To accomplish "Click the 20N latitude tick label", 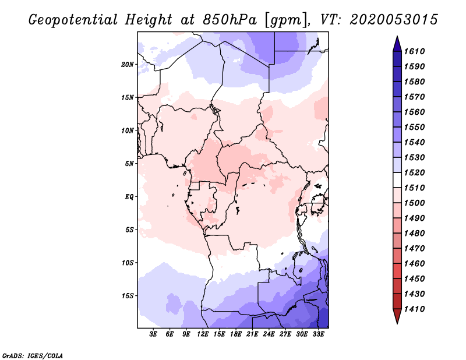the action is (128, 64).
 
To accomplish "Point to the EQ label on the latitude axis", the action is (129, 196).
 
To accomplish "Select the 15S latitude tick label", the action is (128, 295).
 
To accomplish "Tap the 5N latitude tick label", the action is (129, 164).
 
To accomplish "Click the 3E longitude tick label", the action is (153, 334).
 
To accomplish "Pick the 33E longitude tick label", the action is (318, 334).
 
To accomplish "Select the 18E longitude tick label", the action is (236, 334).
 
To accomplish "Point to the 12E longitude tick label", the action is (203, 334).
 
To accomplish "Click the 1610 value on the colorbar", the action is (415, 51).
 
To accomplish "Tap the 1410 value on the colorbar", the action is (415, 309).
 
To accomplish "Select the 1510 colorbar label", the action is (415, 188).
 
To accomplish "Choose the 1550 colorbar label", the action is (415, 127).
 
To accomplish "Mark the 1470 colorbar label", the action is (415, 249).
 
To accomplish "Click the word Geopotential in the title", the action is (73, 20).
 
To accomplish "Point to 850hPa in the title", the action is (230, 20).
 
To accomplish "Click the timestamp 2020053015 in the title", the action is (394, 20).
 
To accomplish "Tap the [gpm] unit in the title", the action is (285, 20).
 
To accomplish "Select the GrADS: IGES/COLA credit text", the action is (33, 356).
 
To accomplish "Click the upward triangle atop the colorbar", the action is (397, 44).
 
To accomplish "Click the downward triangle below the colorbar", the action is (397, 316).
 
